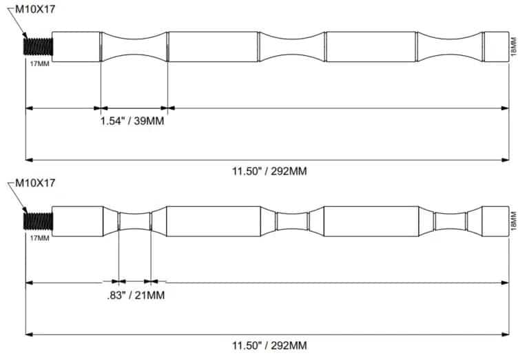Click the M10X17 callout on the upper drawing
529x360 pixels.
[35, 10]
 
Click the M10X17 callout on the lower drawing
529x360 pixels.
[35, 183]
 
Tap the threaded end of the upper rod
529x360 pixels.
[38, 47]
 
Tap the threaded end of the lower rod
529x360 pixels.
[38, 221]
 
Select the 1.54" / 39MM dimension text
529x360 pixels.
[132, 121]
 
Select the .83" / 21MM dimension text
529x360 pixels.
[136, 295]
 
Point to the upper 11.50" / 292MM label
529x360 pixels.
[269, 171]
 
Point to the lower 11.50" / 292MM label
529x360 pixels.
[269, 346]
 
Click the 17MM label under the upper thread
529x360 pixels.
[39, 64]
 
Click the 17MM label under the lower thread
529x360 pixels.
[39, 238]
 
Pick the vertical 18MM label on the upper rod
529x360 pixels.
[514, 47]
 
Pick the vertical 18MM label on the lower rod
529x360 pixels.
[514, 221]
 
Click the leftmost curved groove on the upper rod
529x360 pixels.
[134, 47]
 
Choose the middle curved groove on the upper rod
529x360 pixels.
[292, 47]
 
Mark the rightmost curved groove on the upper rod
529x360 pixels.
[450, 47]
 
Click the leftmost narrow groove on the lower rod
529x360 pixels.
[134, 221]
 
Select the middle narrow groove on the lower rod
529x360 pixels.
[292, 221]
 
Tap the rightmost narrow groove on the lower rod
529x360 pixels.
[450, 221]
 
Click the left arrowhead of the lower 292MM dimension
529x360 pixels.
[30, 334]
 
